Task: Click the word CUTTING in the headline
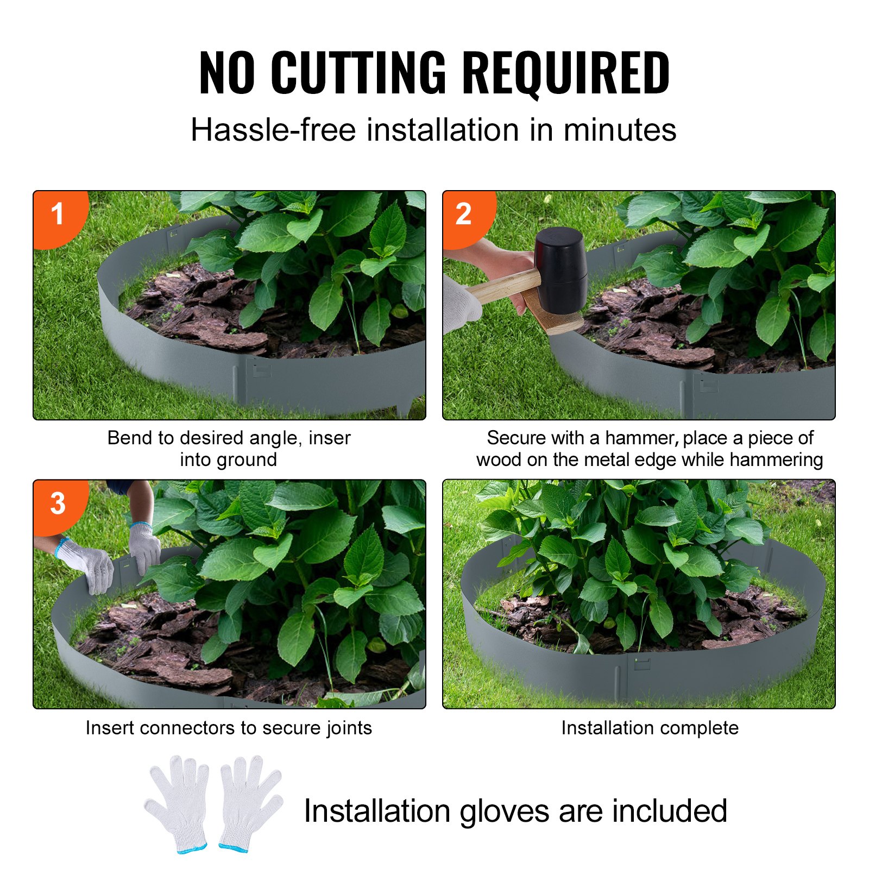pos(358,72)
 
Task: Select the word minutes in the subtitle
pos(620,130)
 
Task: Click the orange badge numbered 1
pos(58,215)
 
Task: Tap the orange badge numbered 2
pos(464,215)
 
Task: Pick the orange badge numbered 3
pos(58,503)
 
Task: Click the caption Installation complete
pos(650,728)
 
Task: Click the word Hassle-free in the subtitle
pos(273,130)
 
